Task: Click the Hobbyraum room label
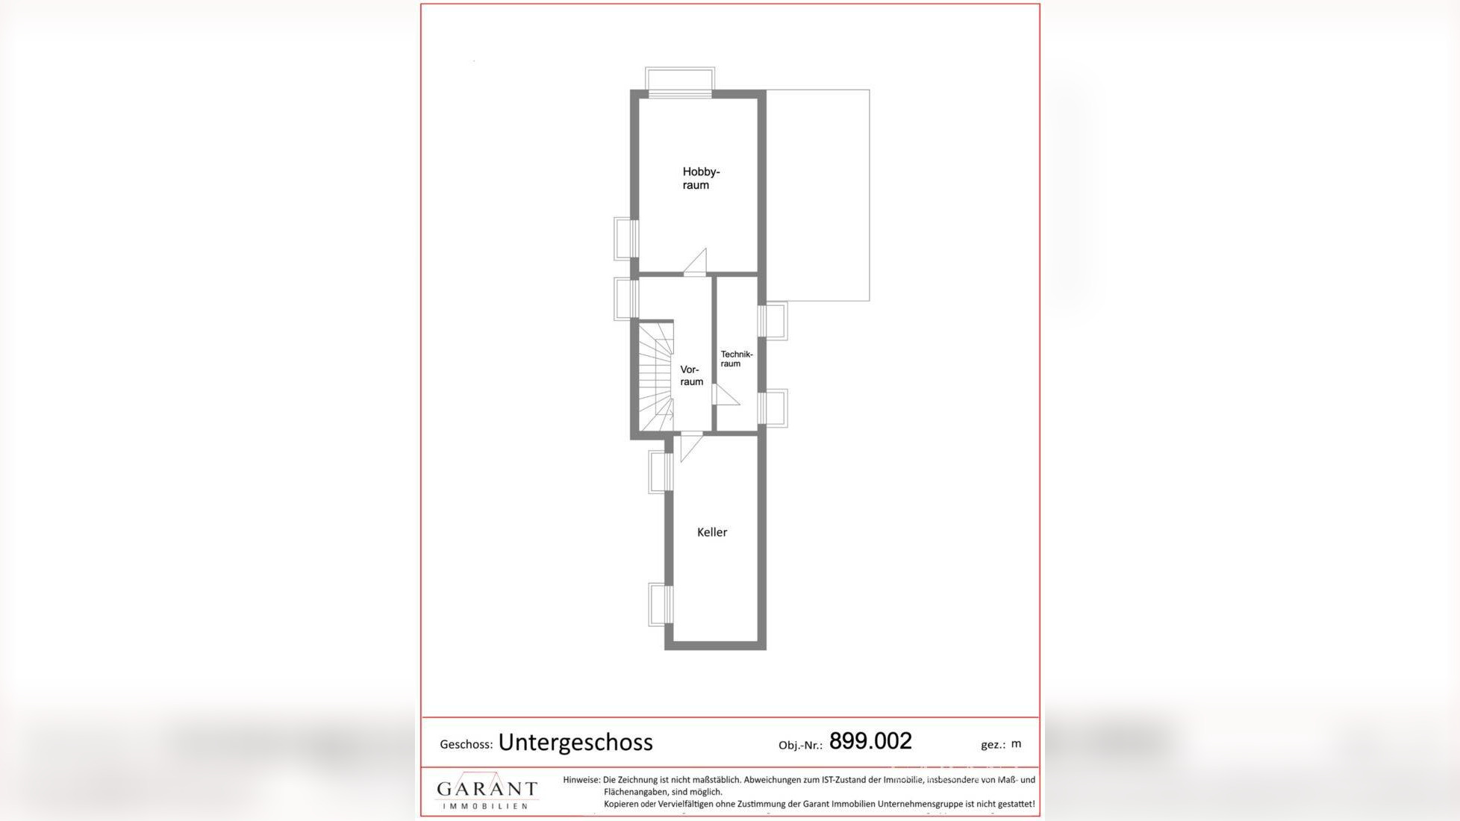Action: pos(700,178)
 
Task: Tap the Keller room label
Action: pos(711,532)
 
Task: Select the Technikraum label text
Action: pos(736,359)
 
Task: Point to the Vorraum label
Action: pos(691,375)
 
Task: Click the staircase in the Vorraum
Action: pos(655,376)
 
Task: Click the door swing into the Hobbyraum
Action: pos(696,262)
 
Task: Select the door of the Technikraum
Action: pos(725,395)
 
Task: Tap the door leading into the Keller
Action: pos(690,446)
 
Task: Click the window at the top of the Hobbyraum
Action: pos(680,80)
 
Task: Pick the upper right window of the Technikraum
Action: pos(773,320)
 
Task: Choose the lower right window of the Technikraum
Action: pos(773,408)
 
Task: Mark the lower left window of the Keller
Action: pos(660,604)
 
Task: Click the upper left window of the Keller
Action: pos(660,472)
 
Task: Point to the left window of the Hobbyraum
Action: pos(626,238)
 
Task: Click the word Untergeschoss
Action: pos(575,742)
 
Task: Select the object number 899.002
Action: pos(870,741)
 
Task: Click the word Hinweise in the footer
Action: pos(581,780)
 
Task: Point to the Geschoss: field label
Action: pos(466,744)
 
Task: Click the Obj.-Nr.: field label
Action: pos(800,745)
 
